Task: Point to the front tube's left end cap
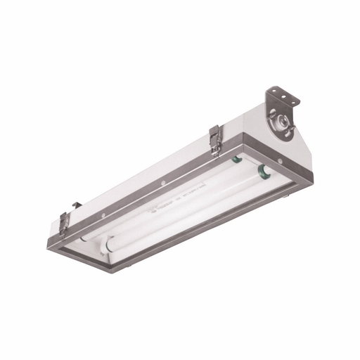(109, 247)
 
